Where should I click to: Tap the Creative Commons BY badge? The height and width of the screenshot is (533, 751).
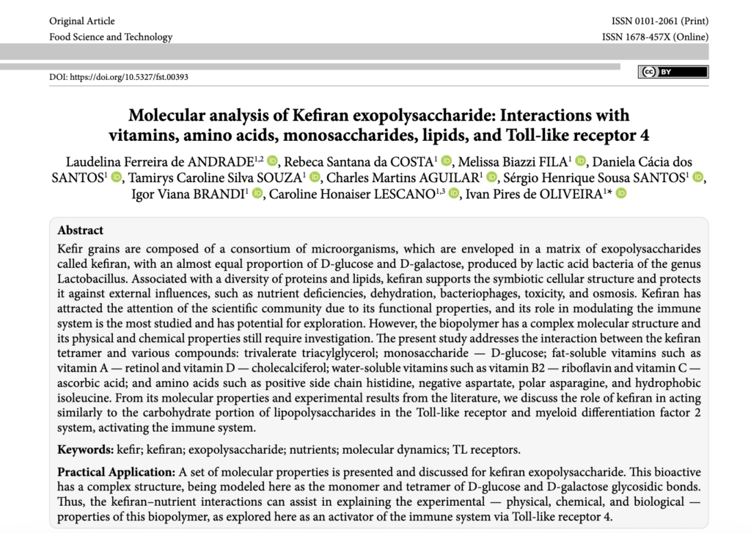point(673,72)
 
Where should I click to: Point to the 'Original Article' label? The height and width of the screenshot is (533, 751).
point(82,21)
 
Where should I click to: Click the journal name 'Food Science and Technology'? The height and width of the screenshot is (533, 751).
point(111,37)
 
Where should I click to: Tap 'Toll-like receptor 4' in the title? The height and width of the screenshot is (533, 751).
point(575,135)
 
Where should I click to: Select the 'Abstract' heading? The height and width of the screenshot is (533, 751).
point(81,231)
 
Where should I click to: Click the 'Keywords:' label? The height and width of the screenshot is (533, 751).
point(84,449)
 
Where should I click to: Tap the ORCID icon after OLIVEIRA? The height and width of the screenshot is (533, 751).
point(622,194)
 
